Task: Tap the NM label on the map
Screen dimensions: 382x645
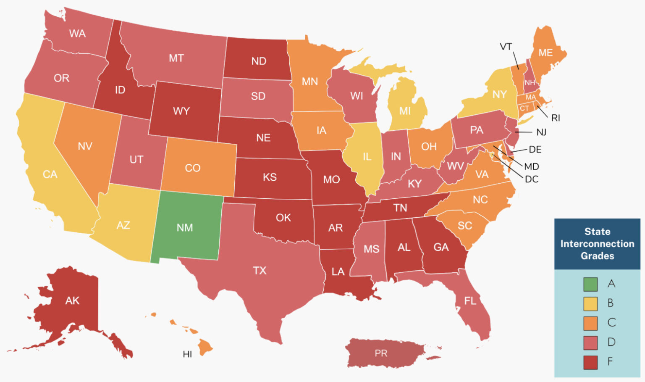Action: tap(185, 228)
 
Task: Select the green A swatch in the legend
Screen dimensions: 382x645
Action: tap(590, 284)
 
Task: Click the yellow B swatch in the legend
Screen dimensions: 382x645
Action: tap(590, 303)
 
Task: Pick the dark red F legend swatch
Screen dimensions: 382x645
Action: tap(590, 362)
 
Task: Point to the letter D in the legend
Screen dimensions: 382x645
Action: tap(611, 342)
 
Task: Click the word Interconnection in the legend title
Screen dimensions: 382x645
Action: tap(597, 244)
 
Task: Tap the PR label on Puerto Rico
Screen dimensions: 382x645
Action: tap(381, 353)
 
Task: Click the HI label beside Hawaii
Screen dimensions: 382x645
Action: tap(187, 354)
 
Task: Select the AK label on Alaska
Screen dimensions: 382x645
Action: tap(72, 300)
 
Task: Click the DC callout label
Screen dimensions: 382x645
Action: tap(532, 179)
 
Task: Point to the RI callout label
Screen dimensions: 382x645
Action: tap(556, 118)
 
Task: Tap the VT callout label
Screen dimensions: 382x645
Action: tap(506, 47)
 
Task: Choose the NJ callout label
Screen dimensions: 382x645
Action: tap(541, 132)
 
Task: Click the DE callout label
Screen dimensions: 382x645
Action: tap(535, 150)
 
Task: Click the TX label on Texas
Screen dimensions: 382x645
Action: tap(260, 270)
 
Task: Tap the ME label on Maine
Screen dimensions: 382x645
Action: tap(545, 53)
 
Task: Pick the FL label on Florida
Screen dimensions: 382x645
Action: tap(470, 301)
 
